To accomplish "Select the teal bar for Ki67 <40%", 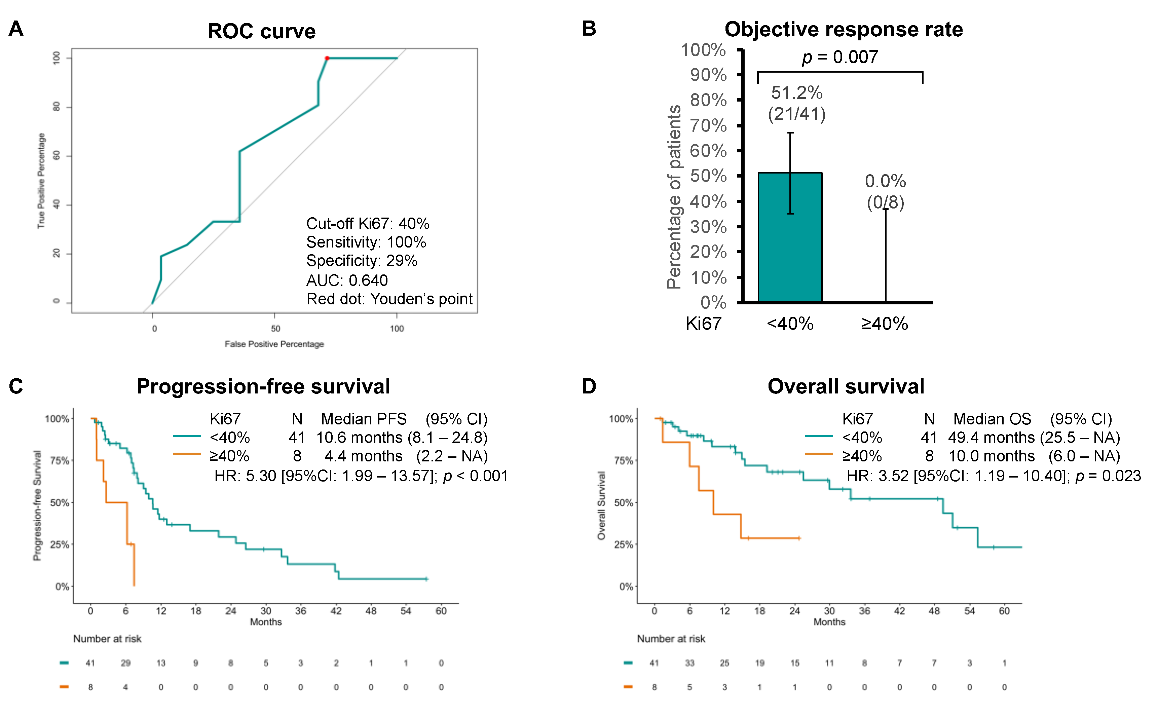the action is pos(790,237).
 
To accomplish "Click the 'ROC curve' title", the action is pos(262,31).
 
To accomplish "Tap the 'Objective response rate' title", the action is pos(844,30).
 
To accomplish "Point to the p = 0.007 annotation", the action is pos(840,57).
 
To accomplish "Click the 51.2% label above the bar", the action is pos(797,92).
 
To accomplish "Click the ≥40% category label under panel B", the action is pos(885,324).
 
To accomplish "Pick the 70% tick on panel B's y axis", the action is pos(708,126).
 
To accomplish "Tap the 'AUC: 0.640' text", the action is pos(347,280).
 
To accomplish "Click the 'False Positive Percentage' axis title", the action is pos(274,344).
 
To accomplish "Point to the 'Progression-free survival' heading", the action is pos(263,386).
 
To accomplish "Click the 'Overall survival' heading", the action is pos(846,386).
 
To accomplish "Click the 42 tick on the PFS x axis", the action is pos(336,611).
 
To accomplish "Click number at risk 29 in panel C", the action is pos(125,663).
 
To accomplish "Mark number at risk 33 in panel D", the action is pos(689,663).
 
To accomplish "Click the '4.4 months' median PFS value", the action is pos(363,456).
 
